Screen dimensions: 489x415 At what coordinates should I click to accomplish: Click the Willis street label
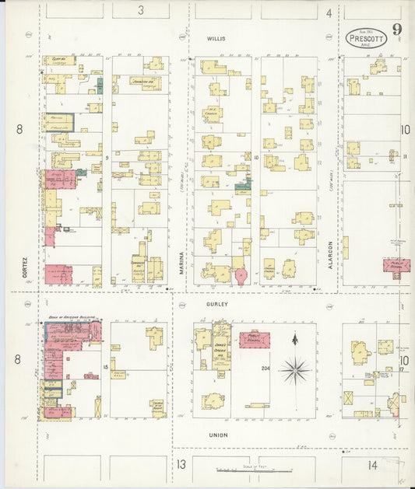pos(215,37)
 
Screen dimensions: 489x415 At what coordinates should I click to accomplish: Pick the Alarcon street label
pos(330,253)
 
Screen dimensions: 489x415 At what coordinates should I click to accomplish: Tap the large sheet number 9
pos(397,30)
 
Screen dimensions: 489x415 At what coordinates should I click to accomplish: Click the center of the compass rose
pos(294,369)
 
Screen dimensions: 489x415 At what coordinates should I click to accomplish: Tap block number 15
pos(104,365)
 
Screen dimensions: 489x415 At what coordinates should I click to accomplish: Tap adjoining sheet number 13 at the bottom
pos(181,465)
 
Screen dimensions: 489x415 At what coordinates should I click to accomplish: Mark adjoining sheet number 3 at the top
pos(141,10)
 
